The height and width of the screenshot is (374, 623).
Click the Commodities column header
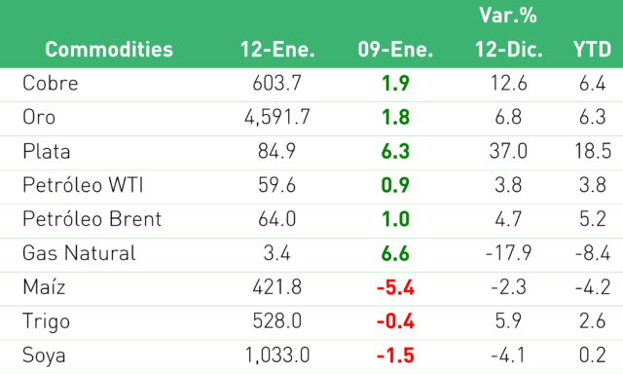pos(109,50)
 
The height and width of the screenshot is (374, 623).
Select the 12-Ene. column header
pos(277,50)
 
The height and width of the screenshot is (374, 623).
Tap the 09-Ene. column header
pos(395,50)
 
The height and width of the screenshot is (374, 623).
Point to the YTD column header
pos(592,50)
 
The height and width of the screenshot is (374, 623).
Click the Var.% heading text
pos(508,16)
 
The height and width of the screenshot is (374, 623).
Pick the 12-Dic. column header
pos(508,50)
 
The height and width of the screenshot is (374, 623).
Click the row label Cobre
pos(50,84)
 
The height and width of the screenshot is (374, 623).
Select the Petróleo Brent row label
pos(92,219)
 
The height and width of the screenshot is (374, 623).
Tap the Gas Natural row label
pos(79,253)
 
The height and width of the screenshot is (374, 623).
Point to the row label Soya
pos(44,355)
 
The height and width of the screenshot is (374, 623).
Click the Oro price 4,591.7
pos(276,118)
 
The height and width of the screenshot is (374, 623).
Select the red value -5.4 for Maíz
pos(395,287)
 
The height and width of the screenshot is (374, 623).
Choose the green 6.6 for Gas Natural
pos(395,253)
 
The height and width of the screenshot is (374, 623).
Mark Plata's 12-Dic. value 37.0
pos(508,151)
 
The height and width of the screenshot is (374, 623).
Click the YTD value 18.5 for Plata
pos(593,151)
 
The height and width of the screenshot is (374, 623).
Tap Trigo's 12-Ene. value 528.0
pos(276,321)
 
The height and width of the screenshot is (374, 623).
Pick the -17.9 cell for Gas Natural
pos(508,253)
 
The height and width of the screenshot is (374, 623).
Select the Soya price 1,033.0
pos(276,355)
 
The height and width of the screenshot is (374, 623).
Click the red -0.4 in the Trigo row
pos(395,321)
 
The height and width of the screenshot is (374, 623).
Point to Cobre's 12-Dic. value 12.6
pos(508,84)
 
